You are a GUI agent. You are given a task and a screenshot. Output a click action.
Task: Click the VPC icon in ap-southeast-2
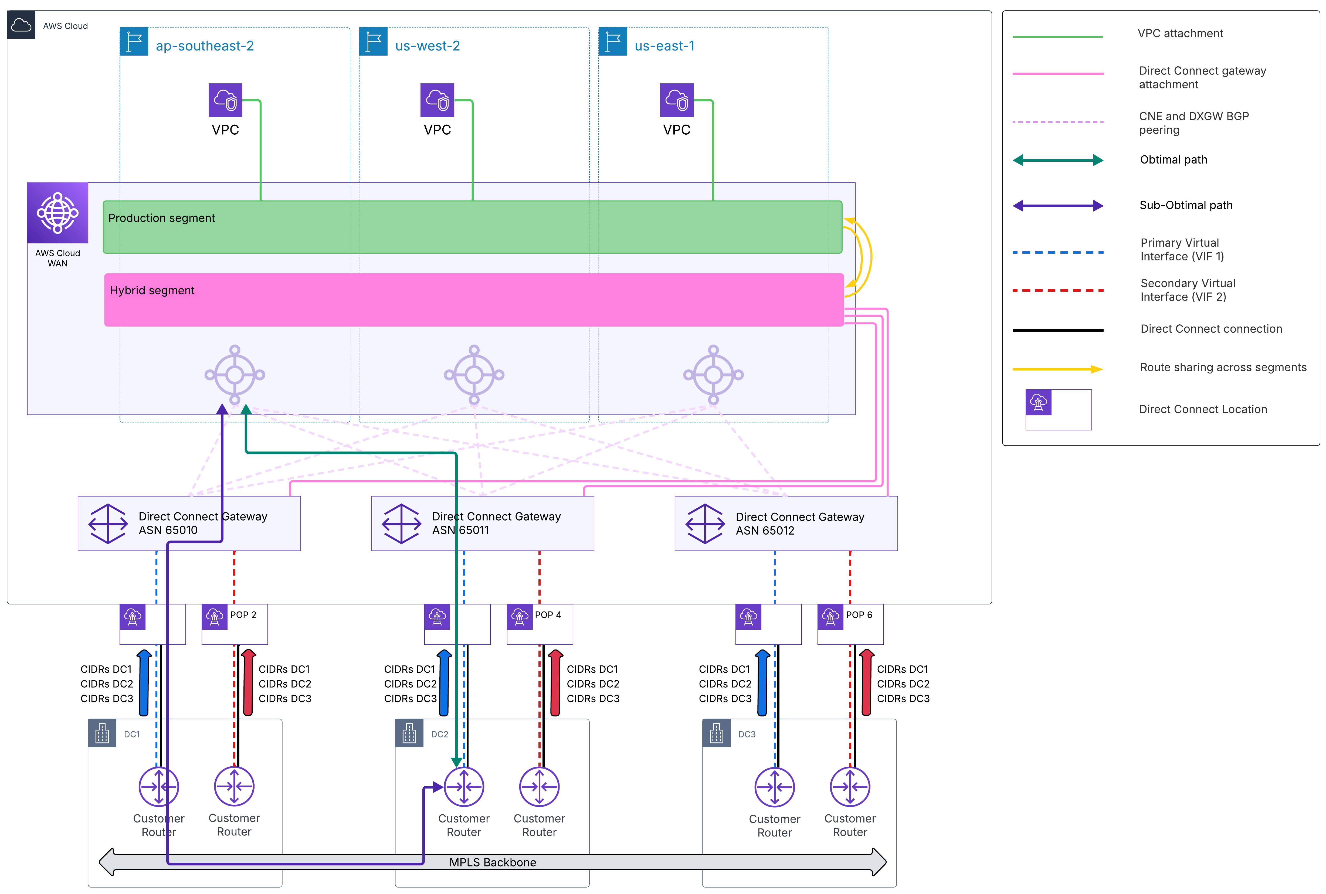[225, 100]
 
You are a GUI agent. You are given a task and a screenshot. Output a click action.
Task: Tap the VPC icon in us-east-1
[677, 100]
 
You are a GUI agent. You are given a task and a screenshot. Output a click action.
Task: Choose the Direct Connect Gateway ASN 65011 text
[496, 523]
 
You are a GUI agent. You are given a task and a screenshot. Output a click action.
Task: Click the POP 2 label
[243, 615]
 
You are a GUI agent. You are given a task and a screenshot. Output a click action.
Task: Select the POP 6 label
[859, 615]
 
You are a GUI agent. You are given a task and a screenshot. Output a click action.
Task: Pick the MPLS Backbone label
[493, 862]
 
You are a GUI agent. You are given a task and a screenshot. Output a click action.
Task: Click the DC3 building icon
[717, 733]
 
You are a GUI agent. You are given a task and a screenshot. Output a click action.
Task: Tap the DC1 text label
[132, 734]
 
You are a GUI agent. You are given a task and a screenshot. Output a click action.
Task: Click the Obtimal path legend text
[1174, 160]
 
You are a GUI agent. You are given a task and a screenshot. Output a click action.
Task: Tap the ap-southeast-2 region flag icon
[134, 42]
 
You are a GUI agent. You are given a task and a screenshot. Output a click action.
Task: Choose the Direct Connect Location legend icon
[1039, 403]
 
